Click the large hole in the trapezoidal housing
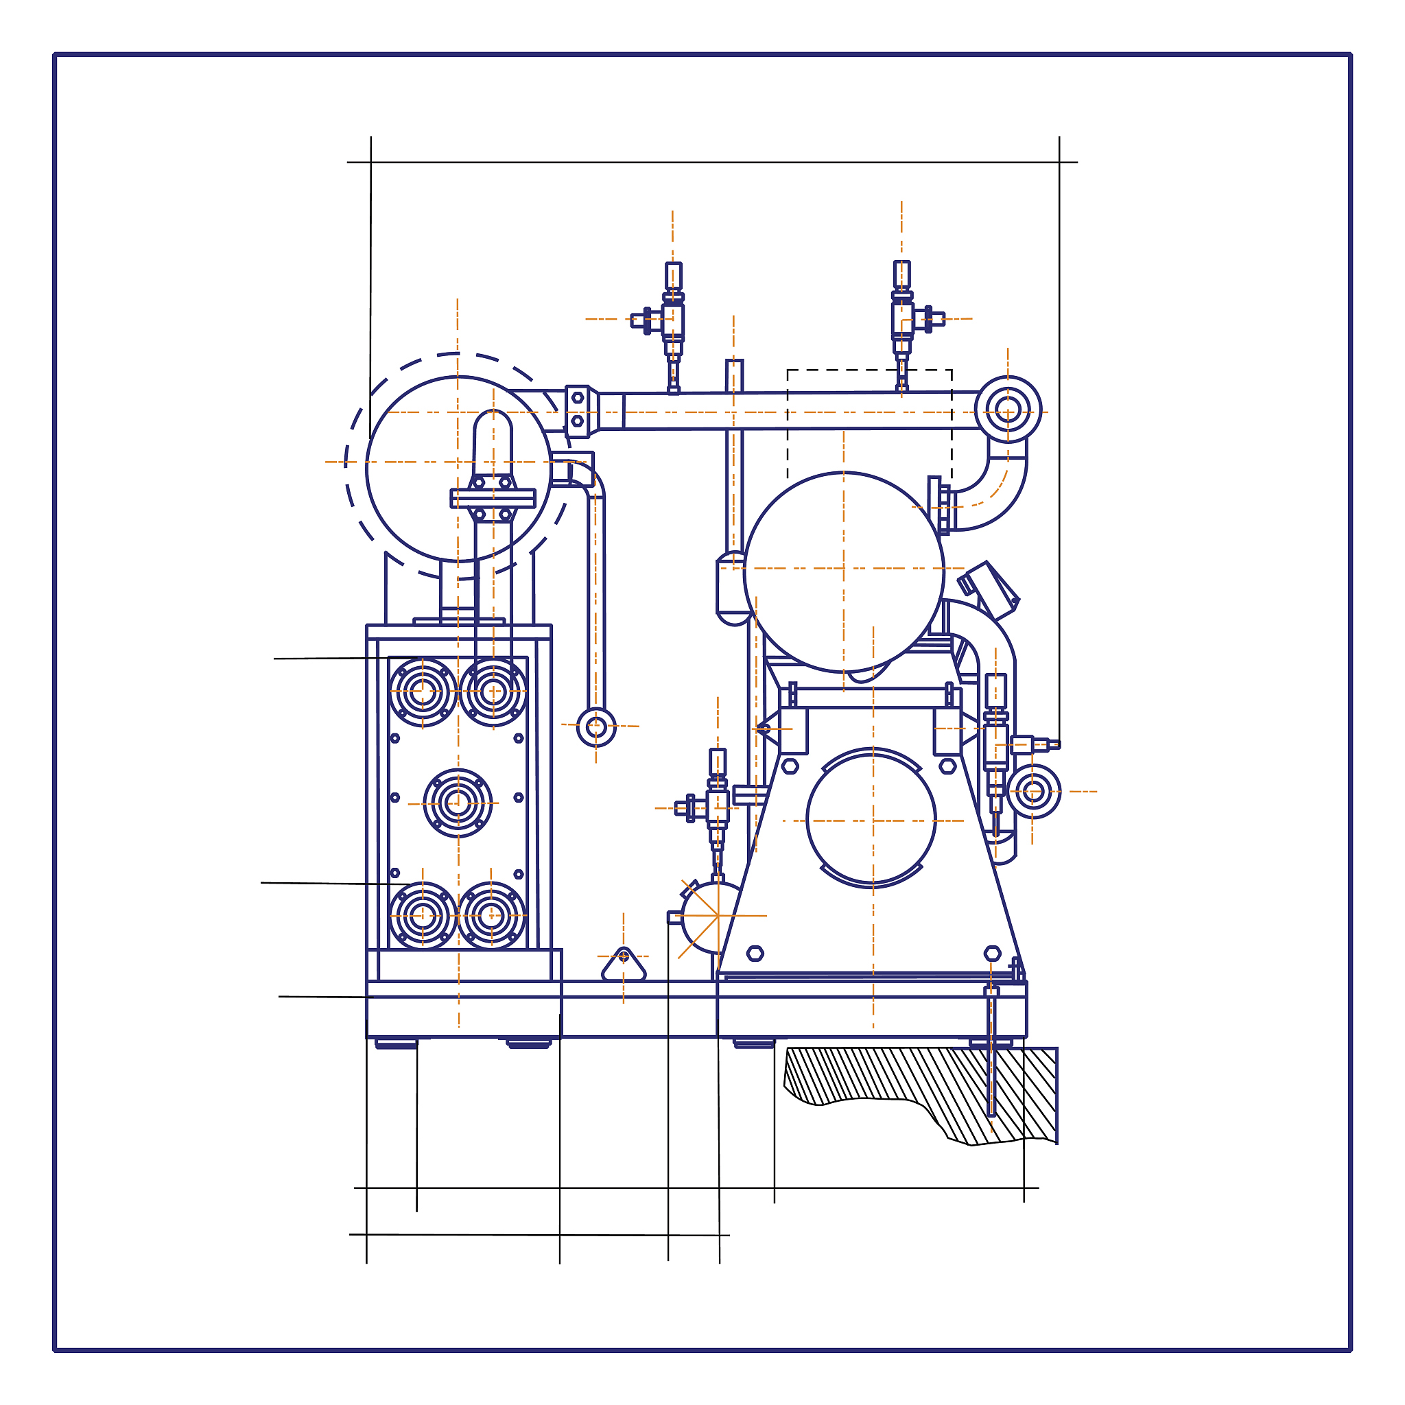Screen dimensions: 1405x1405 pos(871,818)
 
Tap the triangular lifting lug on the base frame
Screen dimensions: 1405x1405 pos(623,965)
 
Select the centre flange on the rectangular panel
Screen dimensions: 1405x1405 pos(458,803)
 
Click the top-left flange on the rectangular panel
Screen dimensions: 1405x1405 pos(423,692)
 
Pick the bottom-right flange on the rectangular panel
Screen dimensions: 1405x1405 pos(491,916)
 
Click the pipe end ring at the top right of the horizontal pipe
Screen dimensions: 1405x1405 pos(1007,410)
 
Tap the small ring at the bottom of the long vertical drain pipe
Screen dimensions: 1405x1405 pos(595,727)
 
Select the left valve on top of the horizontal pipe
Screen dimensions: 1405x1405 pos(673,320)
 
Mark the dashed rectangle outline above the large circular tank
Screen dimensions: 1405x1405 pos(869,422)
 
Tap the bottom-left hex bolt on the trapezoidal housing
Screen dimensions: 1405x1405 pos(755,954)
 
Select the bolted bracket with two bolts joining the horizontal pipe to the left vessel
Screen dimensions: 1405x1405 pos(578,411)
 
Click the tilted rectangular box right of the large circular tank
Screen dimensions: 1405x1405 pos(991,590)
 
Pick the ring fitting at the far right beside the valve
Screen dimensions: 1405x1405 pos(1032,792)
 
